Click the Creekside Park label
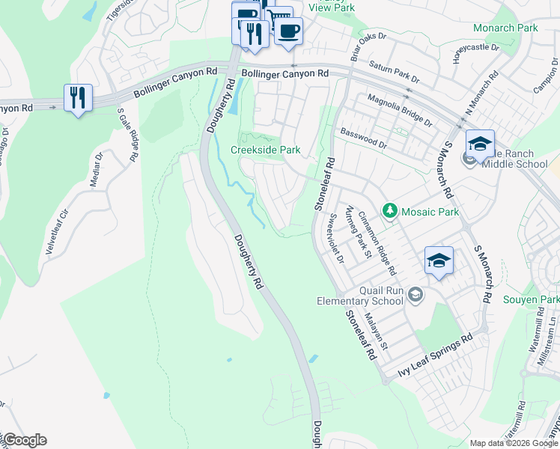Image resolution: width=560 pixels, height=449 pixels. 265,150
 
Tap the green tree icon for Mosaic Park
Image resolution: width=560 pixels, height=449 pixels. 389,212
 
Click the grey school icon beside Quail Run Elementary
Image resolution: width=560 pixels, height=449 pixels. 416,296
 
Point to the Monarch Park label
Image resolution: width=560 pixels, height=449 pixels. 505,28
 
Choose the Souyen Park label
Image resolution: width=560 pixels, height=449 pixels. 540,299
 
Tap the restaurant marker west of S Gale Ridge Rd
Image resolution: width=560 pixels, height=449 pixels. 78,98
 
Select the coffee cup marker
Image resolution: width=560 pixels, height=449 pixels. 288,31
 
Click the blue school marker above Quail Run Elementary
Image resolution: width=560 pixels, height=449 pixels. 439,260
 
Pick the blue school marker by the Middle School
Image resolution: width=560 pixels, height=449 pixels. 480,143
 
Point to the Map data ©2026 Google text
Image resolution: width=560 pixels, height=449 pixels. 514,443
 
